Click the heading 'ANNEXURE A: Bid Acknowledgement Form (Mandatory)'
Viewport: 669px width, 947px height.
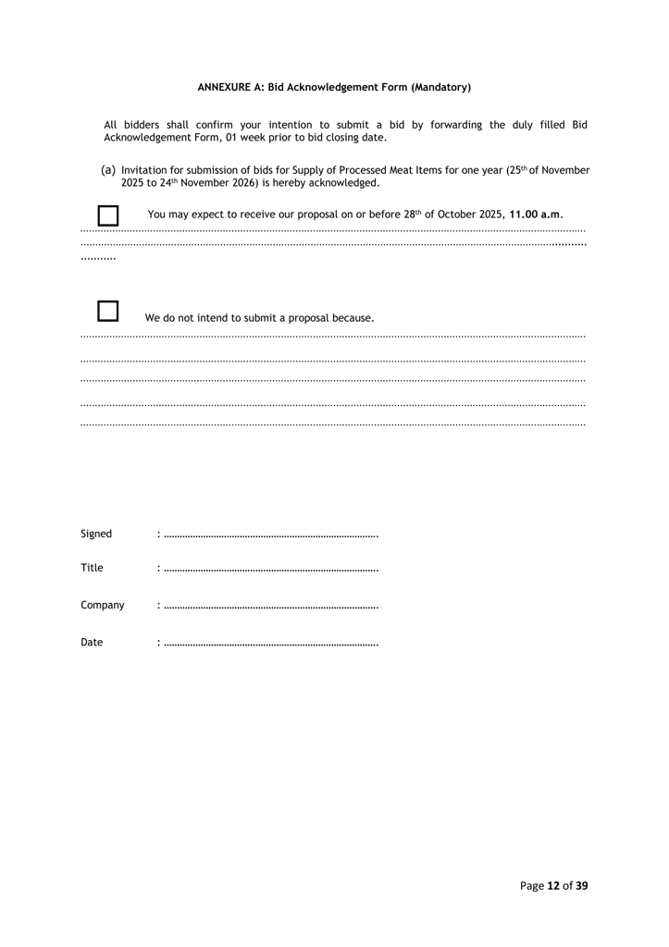click(334, 87)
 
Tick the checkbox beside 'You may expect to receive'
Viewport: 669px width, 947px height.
click(108, 215)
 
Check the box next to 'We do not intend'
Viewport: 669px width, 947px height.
click(108, 312)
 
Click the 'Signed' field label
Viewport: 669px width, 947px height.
click(96, 534)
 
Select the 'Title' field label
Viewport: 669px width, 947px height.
click(92, 568)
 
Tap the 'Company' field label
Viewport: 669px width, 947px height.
click(102, 605)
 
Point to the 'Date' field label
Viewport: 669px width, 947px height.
click(92, 642)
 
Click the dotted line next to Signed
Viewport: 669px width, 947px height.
click(270, 535)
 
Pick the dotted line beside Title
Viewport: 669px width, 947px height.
click(270, 570)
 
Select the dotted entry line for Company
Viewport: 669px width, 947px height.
click(270, 607)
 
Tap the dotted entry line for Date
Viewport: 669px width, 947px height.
click(270, 644)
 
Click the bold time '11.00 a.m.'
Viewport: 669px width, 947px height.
click(536, 215)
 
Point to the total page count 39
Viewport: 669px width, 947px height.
click(581, 885)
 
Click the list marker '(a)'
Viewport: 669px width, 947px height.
click(108, 170)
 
